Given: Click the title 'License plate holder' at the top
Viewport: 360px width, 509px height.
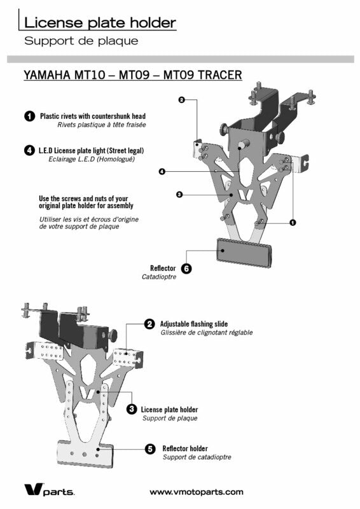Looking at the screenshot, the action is (x=100, y=23).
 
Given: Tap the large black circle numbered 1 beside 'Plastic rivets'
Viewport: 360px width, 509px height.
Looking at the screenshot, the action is (x=29, y=116).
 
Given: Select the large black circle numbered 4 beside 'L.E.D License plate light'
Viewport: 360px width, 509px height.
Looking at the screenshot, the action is (x=29, y=150).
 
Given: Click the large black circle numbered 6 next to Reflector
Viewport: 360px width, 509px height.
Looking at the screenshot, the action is (x=186, y=268).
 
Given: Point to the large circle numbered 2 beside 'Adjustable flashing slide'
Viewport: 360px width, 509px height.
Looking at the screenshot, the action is (x=149, y=324).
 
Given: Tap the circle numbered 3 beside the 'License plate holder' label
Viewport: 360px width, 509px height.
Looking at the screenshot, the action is (x=132, y=409).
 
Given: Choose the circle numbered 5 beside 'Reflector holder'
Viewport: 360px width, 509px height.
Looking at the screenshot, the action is (x=150, y=449).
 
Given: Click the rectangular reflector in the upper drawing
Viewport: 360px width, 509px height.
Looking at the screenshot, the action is (x=244, y=253).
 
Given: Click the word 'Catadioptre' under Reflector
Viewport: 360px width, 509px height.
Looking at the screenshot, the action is (x=159, y=277).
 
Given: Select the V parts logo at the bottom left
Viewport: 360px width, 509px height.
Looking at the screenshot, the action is (x=50, y=489).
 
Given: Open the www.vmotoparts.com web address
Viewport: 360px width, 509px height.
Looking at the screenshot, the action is (x=197, y=492).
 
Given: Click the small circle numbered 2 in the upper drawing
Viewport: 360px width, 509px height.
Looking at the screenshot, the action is (x=182, y=100).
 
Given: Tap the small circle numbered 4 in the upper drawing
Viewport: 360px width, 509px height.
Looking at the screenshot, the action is (x=162, y=171).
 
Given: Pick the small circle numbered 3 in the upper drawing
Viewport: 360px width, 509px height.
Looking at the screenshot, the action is (x=179, y=195).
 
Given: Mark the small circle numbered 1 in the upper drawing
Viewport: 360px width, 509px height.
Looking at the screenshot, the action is (x=293, y=223).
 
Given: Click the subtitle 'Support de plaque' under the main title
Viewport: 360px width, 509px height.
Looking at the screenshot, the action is (x=81, y=41).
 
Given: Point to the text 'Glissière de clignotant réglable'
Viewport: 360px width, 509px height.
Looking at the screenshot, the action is (x=207, y=332).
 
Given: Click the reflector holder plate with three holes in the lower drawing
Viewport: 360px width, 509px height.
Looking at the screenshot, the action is (x=85, y=454).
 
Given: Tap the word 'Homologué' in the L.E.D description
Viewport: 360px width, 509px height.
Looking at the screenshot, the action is (x=117, y=159).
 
